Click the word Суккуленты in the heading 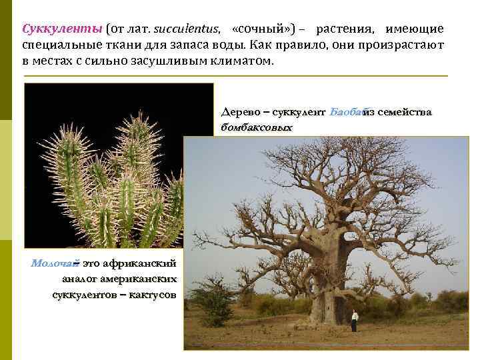62,29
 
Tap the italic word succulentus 187,29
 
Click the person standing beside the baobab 355,321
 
